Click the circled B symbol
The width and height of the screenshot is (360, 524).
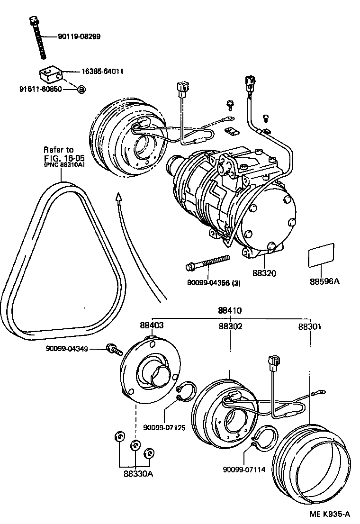click(x=81, y=90)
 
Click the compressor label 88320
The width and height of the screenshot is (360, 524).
click(x=264, y=274)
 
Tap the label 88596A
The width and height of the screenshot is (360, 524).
click(x=325, y=281)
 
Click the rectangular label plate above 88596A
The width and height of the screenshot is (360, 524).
click(x=322, y=256)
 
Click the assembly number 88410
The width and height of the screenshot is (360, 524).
click(x=230, y=311)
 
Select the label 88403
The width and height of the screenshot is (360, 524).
click(x=152, y=326)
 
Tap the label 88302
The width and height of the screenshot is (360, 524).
click(x=231, y=326)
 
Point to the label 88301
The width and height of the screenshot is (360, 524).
click(x=310, y=326)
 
